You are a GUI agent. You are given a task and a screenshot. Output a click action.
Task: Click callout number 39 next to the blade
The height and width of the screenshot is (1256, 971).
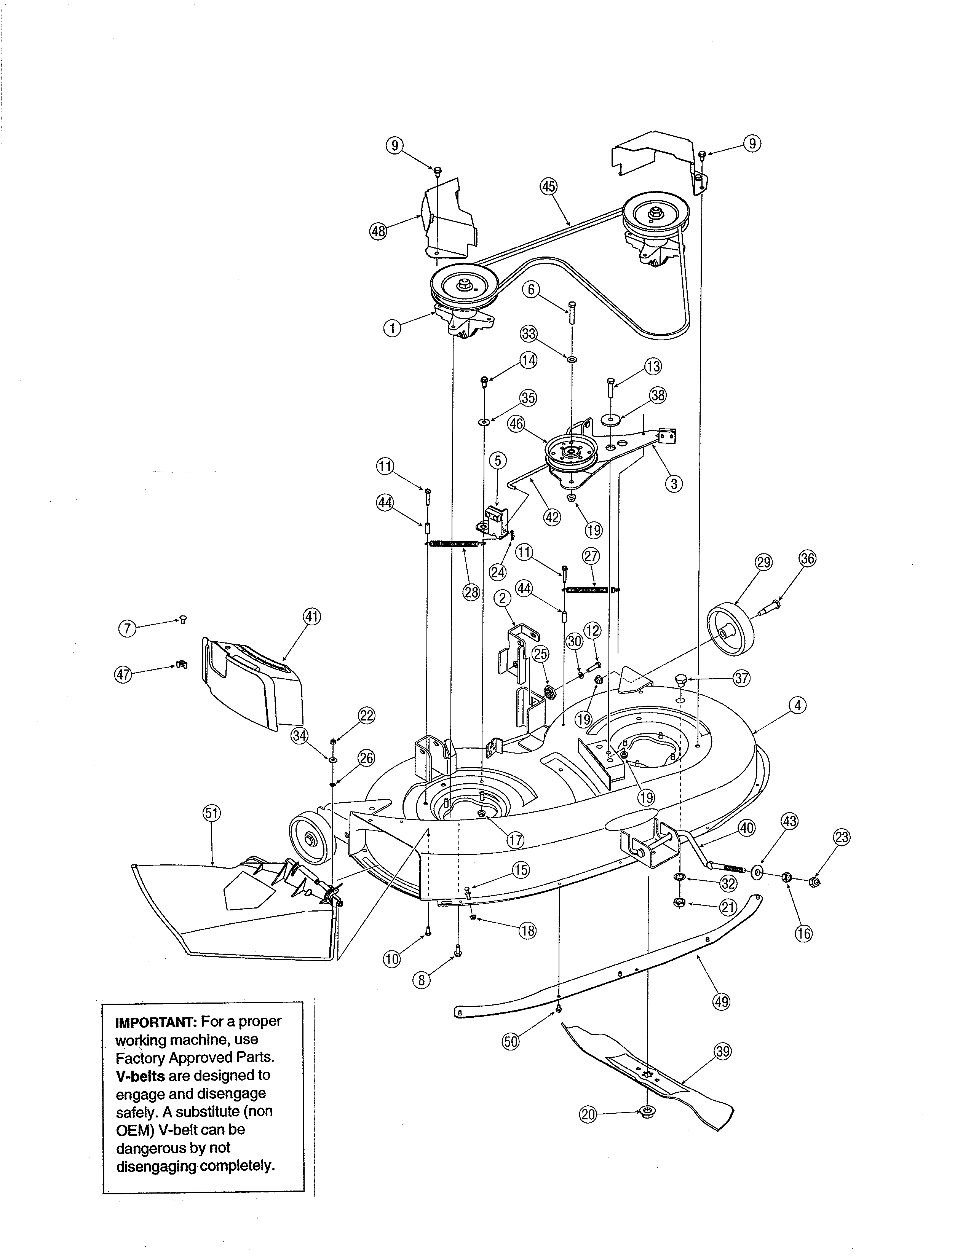(722, 1052)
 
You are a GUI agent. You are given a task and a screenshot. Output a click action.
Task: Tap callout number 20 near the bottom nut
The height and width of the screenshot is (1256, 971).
(587, 1114)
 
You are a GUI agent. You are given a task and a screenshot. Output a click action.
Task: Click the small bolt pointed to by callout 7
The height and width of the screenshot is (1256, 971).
(184, 619)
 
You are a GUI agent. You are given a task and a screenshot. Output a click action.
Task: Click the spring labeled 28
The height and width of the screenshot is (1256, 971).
(454, 544)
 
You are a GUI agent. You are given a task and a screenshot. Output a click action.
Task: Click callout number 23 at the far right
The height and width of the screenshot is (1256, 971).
(842, 838)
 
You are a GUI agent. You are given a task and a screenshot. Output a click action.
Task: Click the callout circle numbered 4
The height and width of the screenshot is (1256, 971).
(797, 705)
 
